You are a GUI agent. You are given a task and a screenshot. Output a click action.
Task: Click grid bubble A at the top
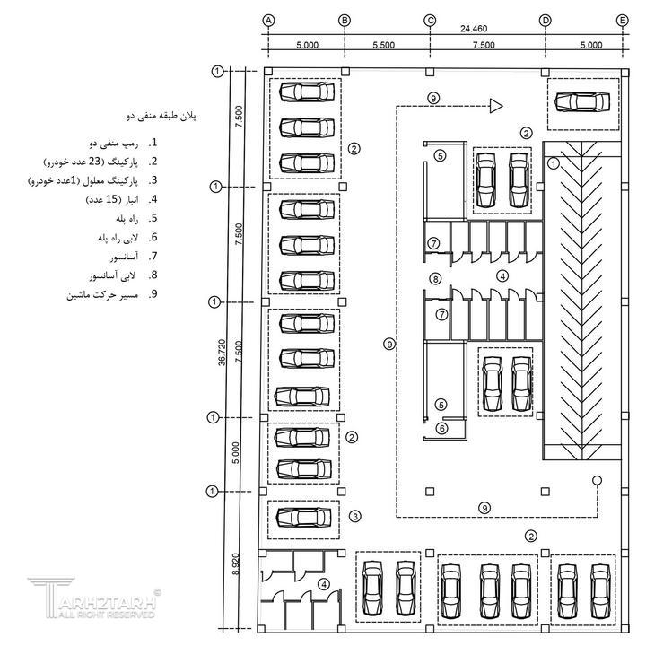pyautogui.click(x=268, y=20)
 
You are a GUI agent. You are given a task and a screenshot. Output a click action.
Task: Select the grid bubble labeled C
pyautogui.click(x=430, y=20)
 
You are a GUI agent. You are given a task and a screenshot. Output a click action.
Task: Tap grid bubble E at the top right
pyautogui.click(x=622, y=20)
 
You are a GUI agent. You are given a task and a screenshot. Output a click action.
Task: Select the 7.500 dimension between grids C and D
pyautogui.click(x=485, y=44)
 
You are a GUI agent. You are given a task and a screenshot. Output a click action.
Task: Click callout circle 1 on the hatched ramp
pyautogui.click(x=554, y=164)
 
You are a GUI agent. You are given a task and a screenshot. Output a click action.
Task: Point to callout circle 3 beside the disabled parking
pyautogui.click(x=355, y=516)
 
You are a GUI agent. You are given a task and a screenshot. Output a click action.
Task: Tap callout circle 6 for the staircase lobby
pyautogui.click(x=441, y=429)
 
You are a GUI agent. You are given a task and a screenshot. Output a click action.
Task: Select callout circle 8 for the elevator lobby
pyautogui.click(x=434, y=280)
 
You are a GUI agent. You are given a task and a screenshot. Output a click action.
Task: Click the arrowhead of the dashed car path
pyautogui.click(x=494, y=106)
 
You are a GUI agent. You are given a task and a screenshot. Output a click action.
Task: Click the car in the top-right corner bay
pyautogui.click(x=581, y=101)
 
